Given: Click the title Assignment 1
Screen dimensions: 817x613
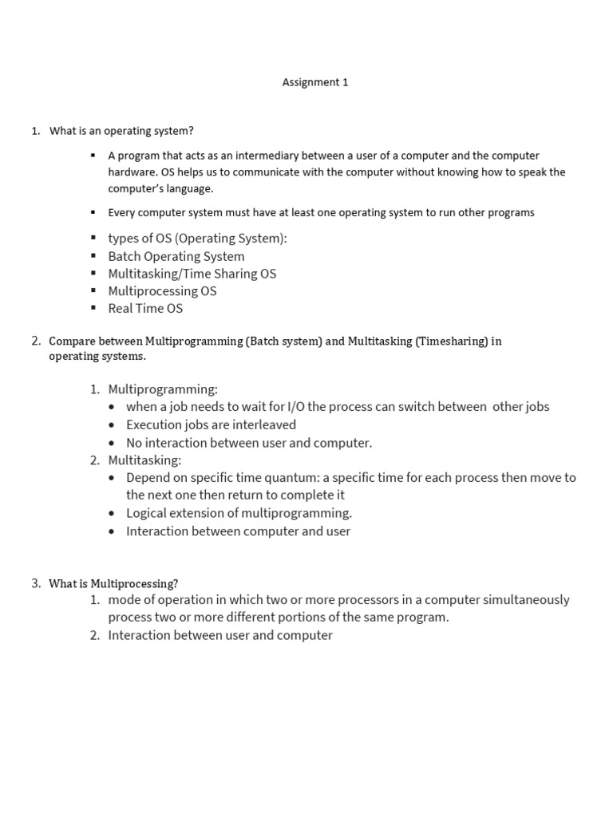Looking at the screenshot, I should [x=315, y=82].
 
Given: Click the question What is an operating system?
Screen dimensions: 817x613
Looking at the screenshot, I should [x=121, y=131].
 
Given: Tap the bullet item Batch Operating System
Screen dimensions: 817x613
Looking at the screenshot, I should [x=176, y=256].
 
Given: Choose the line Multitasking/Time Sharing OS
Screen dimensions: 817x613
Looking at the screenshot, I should [x=192, y=274].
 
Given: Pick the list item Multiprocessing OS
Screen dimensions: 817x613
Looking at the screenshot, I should [x=162, y=291].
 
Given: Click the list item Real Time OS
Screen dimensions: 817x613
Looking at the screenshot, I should [x=145, y=309].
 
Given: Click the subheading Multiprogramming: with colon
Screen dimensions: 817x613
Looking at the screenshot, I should [x=163, y=389].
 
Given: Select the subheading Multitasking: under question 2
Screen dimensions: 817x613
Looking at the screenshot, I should [x=144, y=460].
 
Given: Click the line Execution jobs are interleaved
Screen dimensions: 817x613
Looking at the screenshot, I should [x=211, y=424].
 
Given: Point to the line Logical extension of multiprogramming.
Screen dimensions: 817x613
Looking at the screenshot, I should [x=239, y=513].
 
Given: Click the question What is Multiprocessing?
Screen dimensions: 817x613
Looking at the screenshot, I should [x=113, y=584].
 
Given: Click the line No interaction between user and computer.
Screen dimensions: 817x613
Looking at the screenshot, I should [x=249, y=443].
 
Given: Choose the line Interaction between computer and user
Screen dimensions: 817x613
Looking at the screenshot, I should [x=238, y=531].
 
